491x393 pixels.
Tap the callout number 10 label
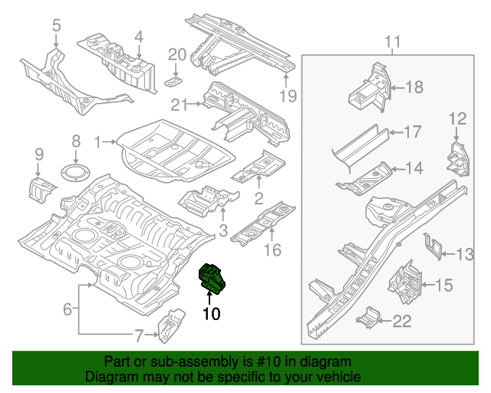[x=211, y=313]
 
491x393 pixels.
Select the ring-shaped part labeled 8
[x=75, y=172]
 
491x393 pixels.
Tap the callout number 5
[x=56, y=27]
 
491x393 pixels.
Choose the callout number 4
[x=139, y=35]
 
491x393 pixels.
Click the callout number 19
[x=287, y=95]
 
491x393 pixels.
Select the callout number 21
[x=180, y=104]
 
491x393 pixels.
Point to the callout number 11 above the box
[x=393, y=41]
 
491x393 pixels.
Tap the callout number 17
[x=412, y=132]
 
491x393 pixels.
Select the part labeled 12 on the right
[x=457, y=158]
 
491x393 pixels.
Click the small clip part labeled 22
[x=369, y=315]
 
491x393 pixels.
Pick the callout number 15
[x=444, y=286]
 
